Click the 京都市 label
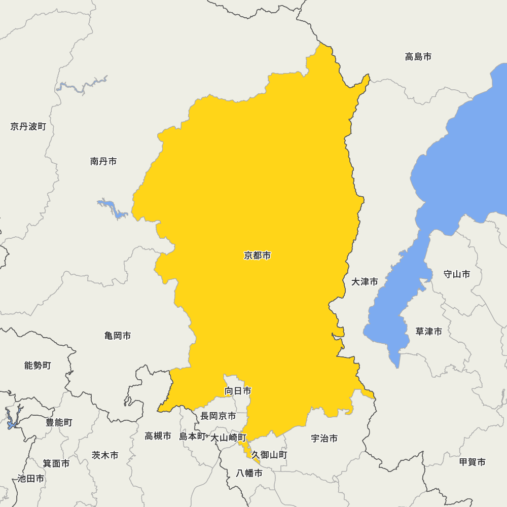tap(257, 256)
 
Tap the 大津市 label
tap(365, 282)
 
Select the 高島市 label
tap(418, 57)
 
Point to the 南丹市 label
tap(103, 161)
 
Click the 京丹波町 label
tap(28, 126)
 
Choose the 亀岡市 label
tap(118, 336)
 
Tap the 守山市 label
tap(456, 274)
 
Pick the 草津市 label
tap(428, 332)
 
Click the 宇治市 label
tap(324, 439)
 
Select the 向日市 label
tap(238, 391)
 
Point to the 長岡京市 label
tap(218, 416)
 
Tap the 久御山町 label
tap(269, 455)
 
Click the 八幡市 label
tap(249, 474)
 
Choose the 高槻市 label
tap(158, 436)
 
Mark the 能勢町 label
tap(38, 365)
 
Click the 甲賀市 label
tap(472, 462)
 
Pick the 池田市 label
tap(30, 479)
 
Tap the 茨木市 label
tap(105, 455)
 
